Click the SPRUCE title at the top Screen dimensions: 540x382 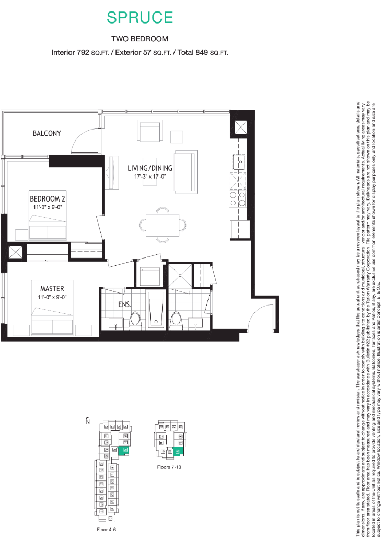pos(140,17)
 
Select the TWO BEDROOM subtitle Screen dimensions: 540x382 pos(140,39)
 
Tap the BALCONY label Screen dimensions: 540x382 pos(47,133)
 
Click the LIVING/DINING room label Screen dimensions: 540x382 pos(150,168)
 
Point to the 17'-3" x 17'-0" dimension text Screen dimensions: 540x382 pos(150,177)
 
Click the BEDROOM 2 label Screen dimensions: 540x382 pos(48,199)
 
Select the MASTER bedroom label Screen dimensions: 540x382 pos(52,289)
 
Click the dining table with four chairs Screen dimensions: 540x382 pos(163,225)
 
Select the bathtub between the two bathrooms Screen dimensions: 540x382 pos(157,312)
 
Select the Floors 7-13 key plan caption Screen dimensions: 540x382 pos(170,467)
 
